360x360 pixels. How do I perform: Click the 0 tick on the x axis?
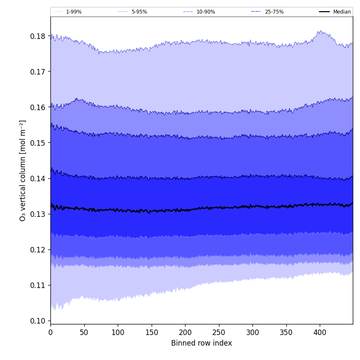(50, 333)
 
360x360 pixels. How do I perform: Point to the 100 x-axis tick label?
(118, 333)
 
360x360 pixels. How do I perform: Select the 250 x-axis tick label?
(219, 333)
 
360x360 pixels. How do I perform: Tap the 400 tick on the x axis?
(320, 333)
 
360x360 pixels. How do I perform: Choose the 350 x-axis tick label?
(286, 333)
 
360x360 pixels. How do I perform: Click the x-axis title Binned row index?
(202, 343)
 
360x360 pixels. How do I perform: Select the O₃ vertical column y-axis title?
(23, 170)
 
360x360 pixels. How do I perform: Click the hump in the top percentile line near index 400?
(320, 31)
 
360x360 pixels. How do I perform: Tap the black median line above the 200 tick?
(185, 210)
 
